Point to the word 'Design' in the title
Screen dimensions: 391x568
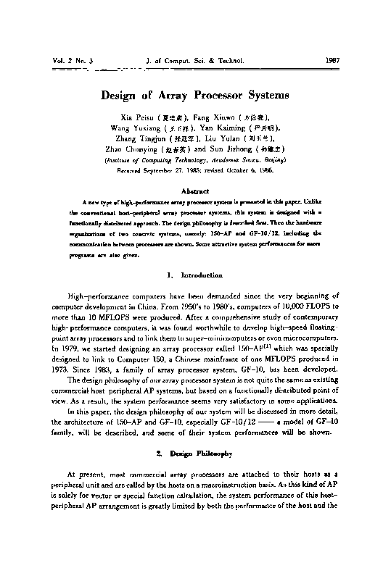(x=120, y=94)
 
